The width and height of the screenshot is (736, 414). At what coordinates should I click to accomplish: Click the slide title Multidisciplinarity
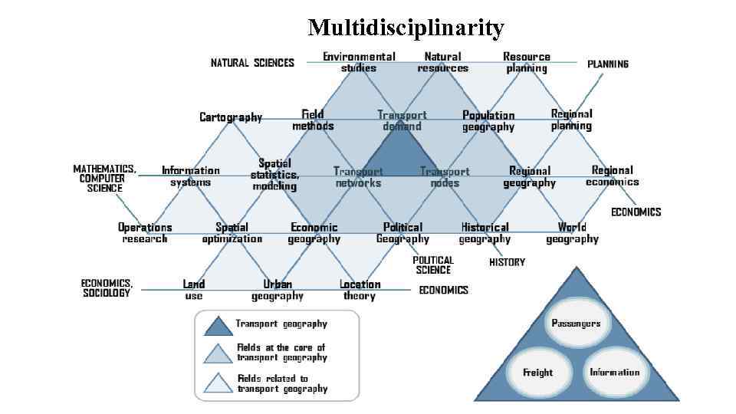406,28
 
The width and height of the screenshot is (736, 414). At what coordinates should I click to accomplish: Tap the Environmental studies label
359,62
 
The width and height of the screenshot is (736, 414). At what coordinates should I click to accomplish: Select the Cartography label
231,117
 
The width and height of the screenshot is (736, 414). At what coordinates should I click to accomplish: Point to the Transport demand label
402,120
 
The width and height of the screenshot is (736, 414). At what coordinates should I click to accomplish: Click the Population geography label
488,121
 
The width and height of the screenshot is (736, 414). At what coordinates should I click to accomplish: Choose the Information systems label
191,176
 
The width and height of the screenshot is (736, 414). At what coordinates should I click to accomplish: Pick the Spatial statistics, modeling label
274,175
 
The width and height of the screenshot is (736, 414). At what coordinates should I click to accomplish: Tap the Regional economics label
612,176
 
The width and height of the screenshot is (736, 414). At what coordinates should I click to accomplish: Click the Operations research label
145,232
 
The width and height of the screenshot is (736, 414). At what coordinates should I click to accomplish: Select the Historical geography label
485,232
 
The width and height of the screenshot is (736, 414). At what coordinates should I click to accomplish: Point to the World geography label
572,232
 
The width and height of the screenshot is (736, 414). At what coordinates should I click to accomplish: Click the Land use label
194,290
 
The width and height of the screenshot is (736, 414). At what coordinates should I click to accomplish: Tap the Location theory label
360,290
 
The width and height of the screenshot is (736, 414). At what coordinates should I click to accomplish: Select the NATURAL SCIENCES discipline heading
252,63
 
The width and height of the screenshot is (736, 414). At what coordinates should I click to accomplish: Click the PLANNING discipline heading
608,64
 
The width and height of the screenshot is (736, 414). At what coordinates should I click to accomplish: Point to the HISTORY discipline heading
507,262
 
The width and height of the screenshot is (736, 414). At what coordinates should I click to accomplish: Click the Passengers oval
576,323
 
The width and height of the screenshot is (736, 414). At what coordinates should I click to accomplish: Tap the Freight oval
537,373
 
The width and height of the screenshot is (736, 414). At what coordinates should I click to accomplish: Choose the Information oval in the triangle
614,373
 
